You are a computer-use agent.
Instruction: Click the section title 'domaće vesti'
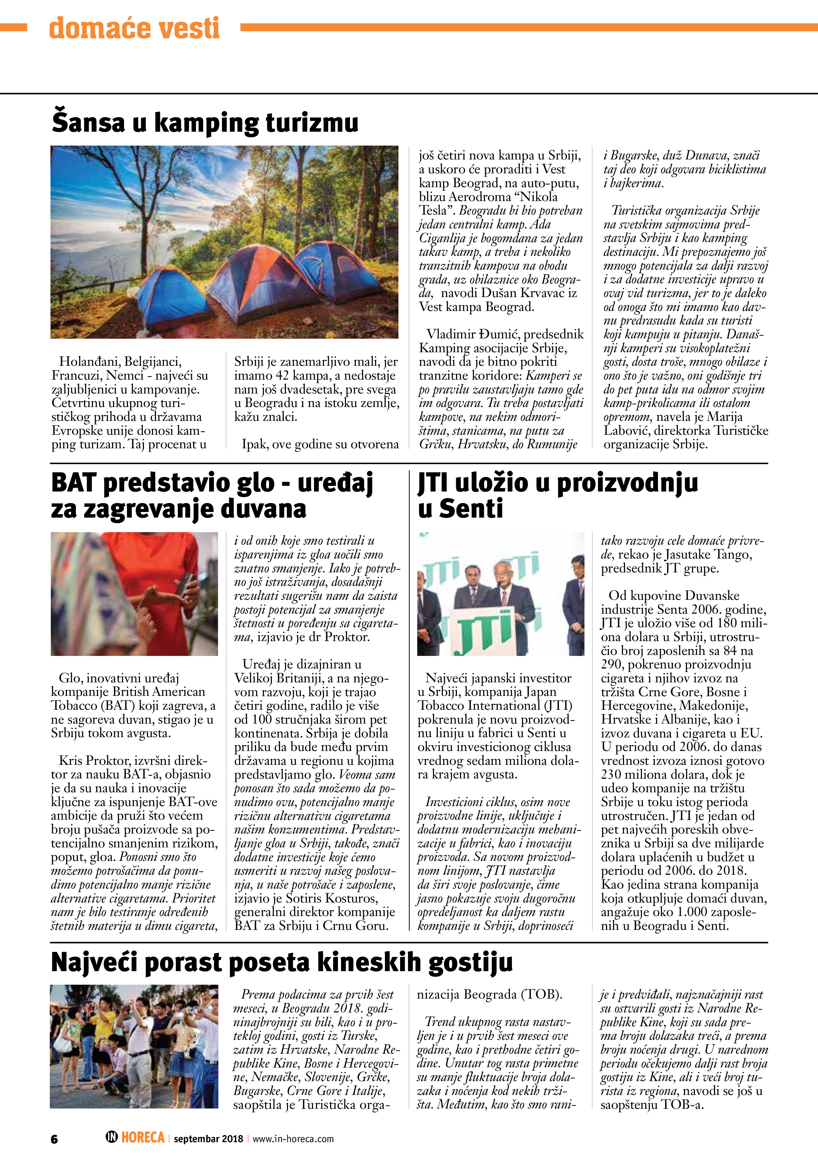click(x=134, y=28)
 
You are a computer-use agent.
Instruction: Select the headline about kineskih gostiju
click(x=282, y=962)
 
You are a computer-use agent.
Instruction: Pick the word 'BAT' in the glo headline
click(x=74, y=483)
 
